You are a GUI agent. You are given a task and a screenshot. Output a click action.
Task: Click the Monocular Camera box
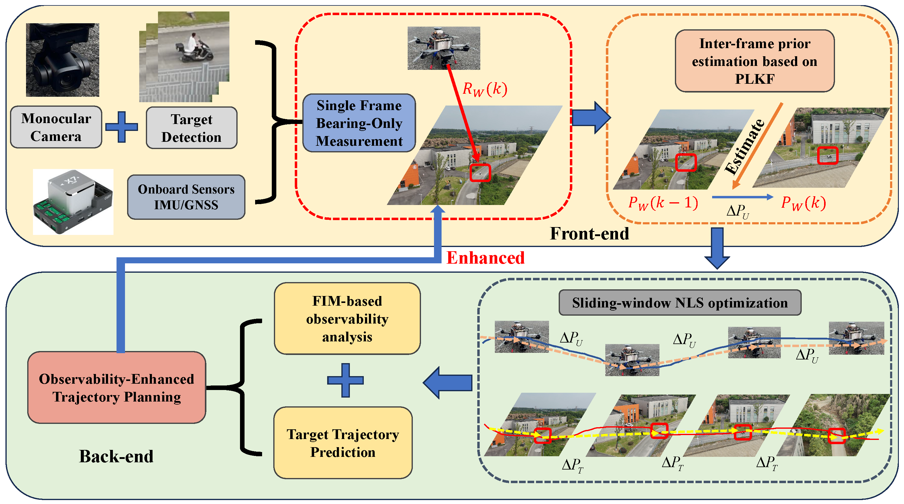click(x=56, y=127)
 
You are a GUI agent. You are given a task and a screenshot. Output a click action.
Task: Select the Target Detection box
click(x=192, y=128)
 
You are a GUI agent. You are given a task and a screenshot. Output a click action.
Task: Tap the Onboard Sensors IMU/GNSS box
click(x=186, y=197)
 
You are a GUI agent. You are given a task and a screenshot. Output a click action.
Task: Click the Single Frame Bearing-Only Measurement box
click(x=359, y=123)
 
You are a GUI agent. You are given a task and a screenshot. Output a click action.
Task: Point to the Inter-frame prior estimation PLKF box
click(x=754, y=61)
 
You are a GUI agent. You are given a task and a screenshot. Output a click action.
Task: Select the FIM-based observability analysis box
click(x=347, y=319)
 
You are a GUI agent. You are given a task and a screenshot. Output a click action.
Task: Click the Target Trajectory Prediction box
click(x=343, y=443)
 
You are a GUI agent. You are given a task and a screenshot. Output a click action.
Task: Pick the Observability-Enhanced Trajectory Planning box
click(x=117, y=388)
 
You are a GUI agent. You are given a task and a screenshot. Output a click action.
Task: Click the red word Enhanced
click(x=485, y=258)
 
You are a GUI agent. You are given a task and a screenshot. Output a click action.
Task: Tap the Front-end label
click(x=589, y=234)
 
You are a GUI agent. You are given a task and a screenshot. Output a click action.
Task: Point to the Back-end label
click(x=116, y=456)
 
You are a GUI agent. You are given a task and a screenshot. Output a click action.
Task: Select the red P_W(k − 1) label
click(x=663, y=203)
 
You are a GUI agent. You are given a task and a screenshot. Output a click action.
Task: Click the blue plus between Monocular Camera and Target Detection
click(x=121, y=127)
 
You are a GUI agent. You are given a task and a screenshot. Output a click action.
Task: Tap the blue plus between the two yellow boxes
click(x=345, y=380)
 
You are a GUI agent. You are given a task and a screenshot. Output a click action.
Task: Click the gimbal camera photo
click(x=62, y=60)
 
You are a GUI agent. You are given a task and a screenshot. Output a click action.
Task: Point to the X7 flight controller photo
click(x=73, y=202)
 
